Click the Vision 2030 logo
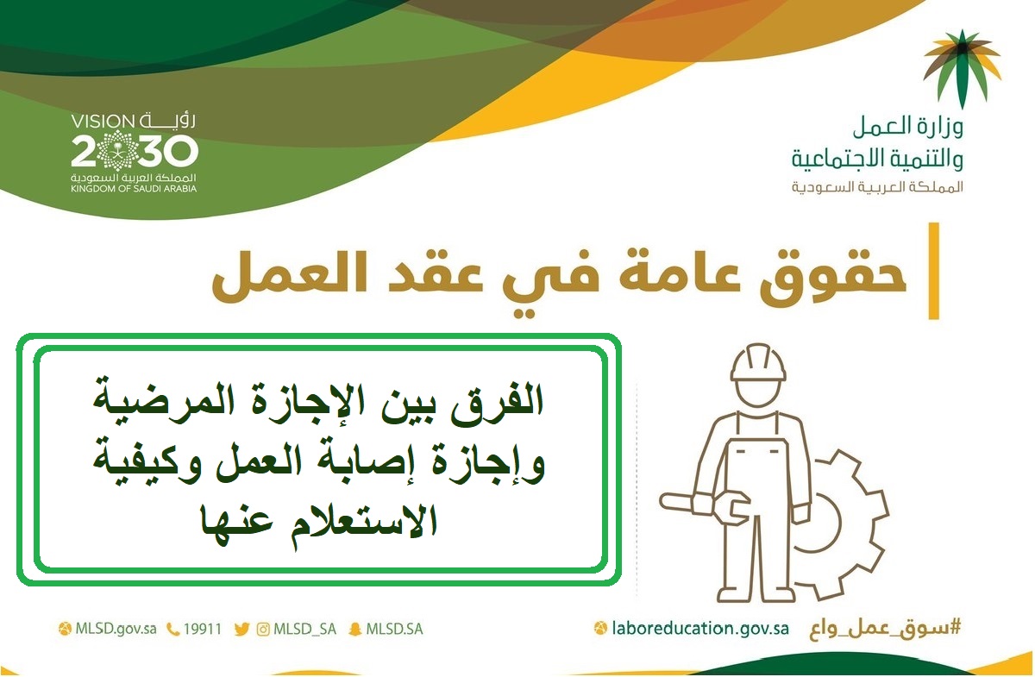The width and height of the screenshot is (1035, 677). [x=134, y=153]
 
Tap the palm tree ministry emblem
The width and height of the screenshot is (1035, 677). [x=962, y=68]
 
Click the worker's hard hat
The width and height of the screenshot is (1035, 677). [x=758, y=363]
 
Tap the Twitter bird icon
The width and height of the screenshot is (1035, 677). [x=241, y=630]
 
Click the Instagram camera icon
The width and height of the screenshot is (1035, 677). [x=263, y=630]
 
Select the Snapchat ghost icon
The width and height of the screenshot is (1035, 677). [x=354, y=630]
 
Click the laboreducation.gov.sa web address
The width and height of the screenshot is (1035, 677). [x=700, y=628]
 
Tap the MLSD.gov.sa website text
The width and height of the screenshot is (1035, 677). [x=116, y=629]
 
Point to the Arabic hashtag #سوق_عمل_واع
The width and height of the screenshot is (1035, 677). [x=885, y=629]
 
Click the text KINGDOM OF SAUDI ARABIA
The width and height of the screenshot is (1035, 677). [x=134, y=189]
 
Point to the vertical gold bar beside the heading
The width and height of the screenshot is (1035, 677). [x=934, y=271]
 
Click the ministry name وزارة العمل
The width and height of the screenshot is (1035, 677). [x=908, y=126]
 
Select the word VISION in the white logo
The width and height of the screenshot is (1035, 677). [x=102, y=122]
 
